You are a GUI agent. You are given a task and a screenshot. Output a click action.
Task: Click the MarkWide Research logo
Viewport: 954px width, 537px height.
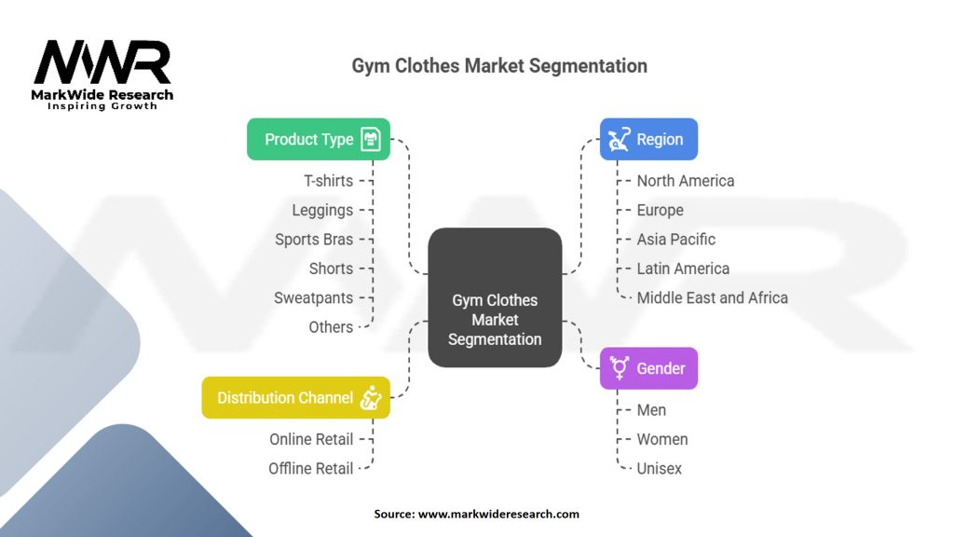[x=102, y=74]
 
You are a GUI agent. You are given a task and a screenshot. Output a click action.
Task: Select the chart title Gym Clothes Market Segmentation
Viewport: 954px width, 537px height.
[x=499, y=66]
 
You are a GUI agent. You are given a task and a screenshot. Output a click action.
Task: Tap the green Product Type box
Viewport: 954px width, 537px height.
[x=318, y=139]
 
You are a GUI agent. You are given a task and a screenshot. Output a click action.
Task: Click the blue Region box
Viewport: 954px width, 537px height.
[x=648, y=139]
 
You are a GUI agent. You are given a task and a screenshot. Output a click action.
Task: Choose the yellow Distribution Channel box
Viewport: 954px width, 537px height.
[x=295, y=397]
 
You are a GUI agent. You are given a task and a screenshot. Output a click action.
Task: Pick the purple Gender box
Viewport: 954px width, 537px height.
[x=648, y=368]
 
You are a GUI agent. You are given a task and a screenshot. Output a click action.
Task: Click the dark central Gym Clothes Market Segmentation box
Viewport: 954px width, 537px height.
[x=495, y=297]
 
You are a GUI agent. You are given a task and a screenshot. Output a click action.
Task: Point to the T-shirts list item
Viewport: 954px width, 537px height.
[x=328, y=181]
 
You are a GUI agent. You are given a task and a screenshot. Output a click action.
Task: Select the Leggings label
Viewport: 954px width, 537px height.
[x=322, y=211]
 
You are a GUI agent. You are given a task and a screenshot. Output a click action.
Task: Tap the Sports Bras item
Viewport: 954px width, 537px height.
[x=314, y=240]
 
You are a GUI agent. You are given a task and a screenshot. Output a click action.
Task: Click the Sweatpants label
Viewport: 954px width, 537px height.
[x=313, y=298]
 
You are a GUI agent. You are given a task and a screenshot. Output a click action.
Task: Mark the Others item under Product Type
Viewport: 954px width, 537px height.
[x=331, y=327]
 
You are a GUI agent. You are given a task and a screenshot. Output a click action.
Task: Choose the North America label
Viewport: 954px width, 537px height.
[x=685, y=181]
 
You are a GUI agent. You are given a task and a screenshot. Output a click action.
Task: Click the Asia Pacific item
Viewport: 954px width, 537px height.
[x=675, y=240]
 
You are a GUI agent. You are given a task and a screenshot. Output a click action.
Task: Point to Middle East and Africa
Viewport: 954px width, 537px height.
[x=712, y=298]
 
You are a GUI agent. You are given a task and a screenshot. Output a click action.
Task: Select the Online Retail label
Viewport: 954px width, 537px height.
[x=311, y=439]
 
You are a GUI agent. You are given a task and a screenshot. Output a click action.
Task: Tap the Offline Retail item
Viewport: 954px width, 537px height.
[x=310, y=469]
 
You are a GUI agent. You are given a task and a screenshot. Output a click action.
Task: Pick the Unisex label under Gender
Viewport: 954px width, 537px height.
[x=659, y=469]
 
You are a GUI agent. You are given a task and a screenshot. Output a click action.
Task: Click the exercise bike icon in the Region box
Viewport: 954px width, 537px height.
[x=618, y=140]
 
